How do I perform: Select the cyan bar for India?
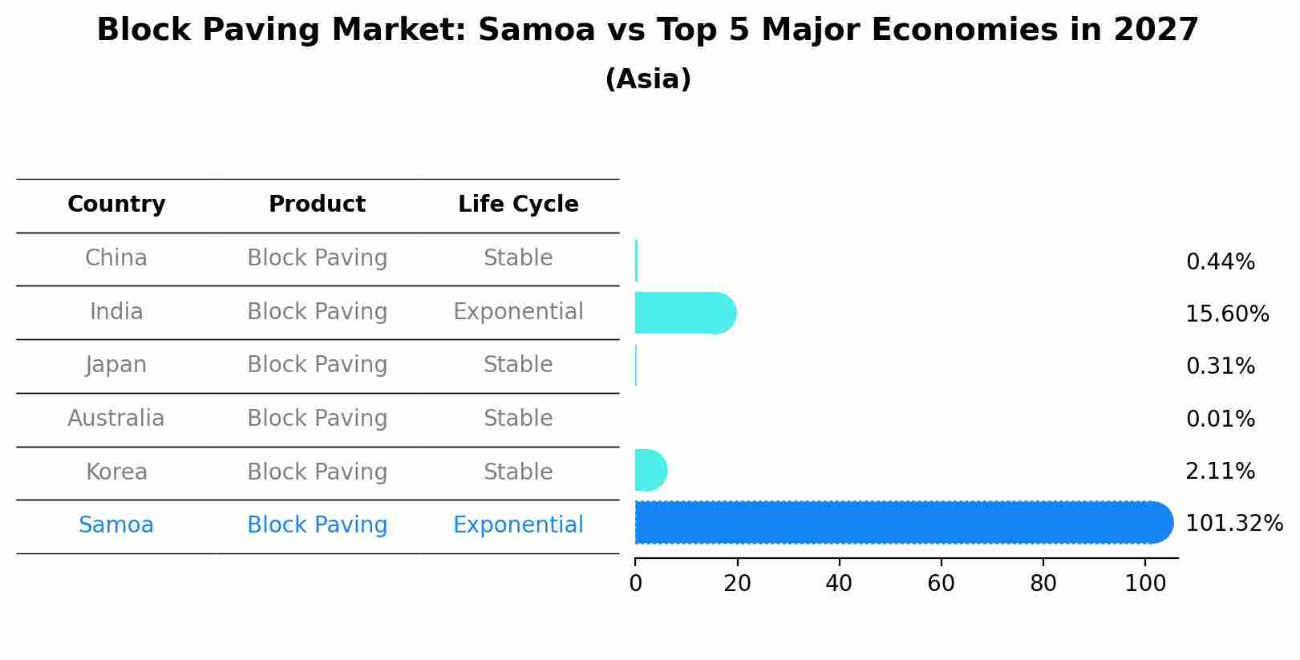(684, 313)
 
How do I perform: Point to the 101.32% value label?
(1233, 524)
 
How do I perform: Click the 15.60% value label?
(1226, 314)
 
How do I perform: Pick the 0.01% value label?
(1220, 419)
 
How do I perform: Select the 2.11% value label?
(1220, 472)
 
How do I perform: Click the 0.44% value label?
(1220, 262)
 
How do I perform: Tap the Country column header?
(116, 204)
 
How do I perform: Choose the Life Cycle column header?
(518, 204)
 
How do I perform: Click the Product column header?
(317, 204)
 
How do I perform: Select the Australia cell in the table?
(116, 419)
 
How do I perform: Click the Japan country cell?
(116, 365)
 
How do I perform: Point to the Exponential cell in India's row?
(518, 312)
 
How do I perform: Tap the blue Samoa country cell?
(116, 525)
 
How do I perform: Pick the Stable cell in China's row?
(518, 258)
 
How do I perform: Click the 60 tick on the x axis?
(941, 584)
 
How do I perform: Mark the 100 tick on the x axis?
(1145, 584)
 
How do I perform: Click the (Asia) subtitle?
(648, 79)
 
